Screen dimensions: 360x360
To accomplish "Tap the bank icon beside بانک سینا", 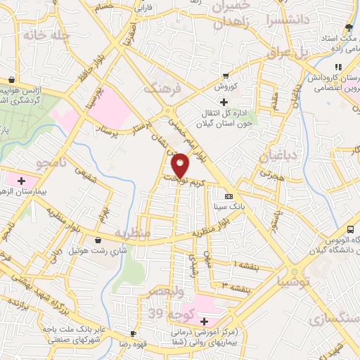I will click(x=228, y=197).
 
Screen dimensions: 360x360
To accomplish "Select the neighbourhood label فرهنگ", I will click(x=162, y=89).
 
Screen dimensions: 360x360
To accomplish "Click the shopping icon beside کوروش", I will click(x=225, y=76).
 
